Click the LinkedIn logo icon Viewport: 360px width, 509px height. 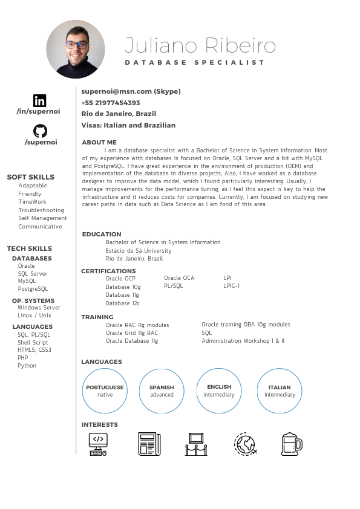click(x=40, y=100)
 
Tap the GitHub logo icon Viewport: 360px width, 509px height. click(x=40, y=131)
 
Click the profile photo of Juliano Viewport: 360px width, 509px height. click(x=76, y=49)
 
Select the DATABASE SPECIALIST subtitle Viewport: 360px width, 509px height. click(x=195, y=63)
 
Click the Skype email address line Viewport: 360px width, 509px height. click(x=131, y=91)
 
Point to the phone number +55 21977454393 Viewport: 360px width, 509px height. click(x=111, y=103)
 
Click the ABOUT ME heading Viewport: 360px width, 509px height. click(x=99, y=142)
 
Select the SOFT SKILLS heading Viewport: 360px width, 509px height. click(x=30, y=177)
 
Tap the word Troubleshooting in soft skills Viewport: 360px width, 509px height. click(x=41, y=210)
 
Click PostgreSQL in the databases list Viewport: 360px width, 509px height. click(x=33, y=289)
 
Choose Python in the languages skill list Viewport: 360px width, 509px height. click(x=27, y=366)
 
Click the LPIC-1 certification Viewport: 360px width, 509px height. click(x=232, y=286)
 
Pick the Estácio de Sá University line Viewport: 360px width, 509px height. click(x=139, y=250)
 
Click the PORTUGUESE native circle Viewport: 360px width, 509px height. click(x=105, y=391)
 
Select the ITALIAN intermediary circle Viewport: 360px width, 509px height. click(x=280, y=391)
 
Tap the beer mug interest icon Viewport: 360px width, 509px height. click(x=291, y=444)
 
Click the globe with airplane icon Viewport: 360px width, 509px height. click(x=245, y=444)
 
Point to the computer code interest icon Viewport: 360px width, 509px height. click(x=98, y=444)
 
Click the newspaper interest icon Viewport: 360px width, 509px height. click(x=149, y=444)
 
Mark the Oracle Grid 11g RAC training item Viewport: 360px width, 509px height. click(x=132, y=333)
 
